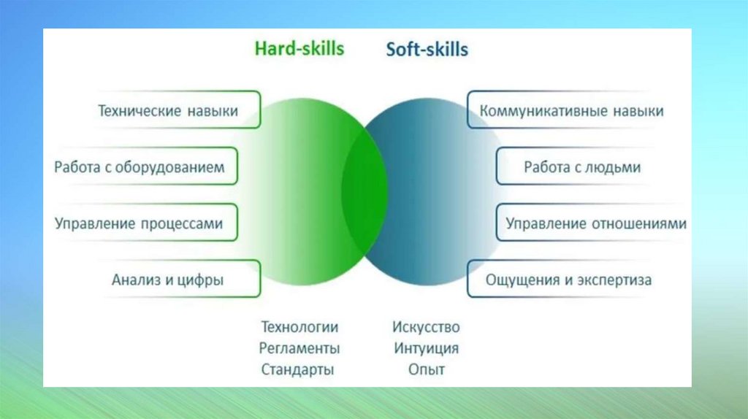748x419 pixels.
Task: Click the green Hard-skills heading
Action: (299, 49)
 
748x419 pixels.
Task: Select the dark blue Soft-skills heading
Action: (427, 50)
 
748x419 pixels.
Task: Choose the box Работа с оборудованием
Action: (145, 166)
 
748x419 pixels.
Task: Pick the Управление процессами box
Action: (145, 222)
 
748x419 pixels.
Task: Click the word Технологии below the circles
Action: (299, 327)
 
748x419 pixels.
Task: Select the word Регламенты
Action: (299, 348)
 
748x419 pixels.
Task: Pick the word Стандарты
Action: (297, 369)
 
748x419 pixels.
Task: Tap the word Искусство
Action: (426, 327)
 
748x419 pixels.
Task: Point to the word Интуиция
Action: (426, 348)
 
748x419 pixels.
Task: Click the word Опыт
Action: (426, 369)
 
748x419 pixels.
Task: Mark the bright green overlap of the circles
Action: (365, 192)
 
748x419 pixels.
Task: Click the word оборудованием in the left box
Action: (169, 167)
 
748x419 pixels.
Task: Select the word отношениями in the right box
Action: (639, 223)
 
